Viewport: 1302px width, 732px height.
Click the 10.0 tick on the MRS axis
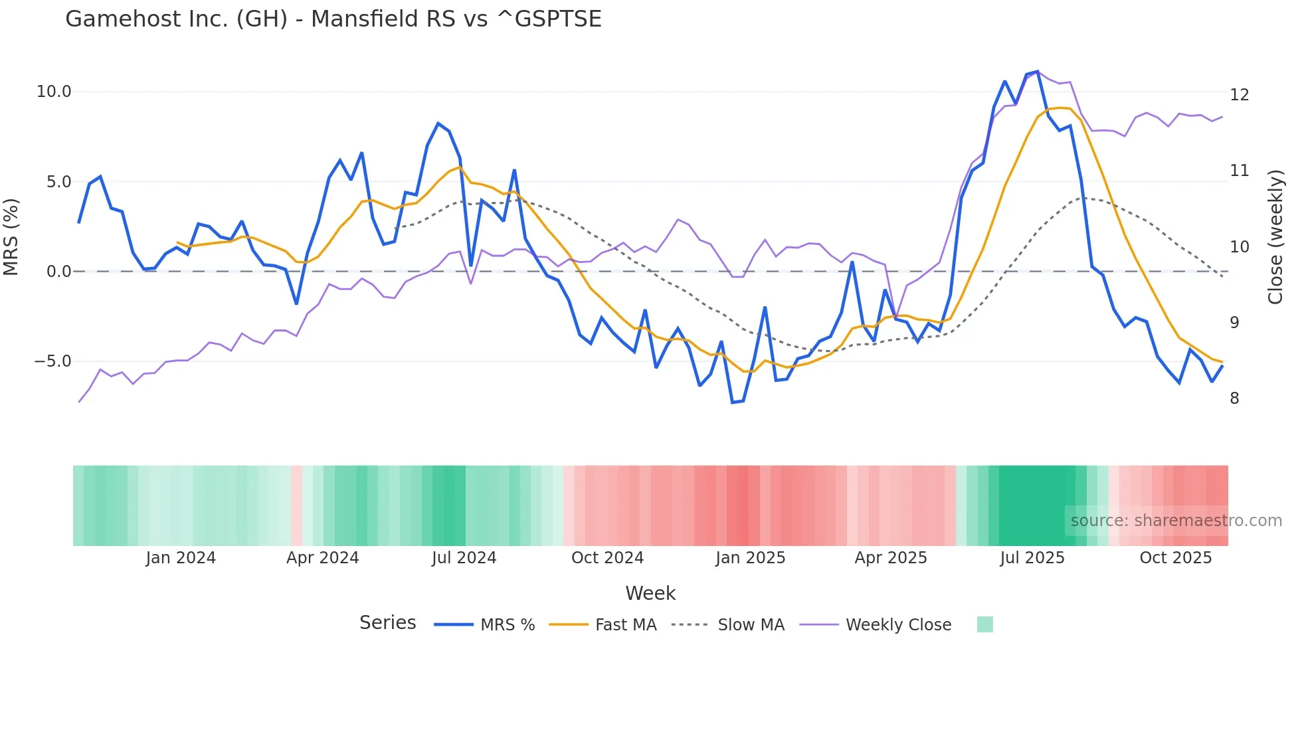54,92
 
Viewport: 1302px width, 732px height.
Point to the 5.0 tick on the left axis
58,182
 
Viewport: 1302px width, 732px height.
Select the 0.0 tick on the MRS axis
58,272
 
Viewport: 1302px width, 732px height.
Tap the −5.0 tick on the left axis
52,361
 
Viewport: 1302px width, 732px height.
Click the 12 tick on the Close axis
1240,95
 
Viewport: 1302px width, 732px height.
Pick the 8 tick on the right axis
1235,399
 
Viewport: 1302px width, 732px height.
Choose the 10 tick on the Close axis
1240,247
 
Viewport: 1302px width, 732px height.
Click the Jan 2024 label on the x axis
181,558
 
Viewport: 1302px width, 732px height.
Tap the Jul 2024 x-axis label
464,558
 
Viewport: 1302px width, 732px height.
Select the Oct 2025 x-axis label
1176,558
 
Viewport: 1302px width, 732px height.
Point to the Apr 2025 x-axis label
891,558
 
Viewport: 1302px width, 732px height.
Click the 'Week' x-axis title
650,593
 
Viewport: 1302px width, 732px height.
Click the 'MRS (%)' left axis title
11,236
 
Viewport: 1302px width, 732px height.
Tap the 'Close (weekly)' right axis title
1275,237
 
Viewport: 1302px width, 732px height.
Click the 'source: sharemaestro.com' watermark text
1176,521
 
